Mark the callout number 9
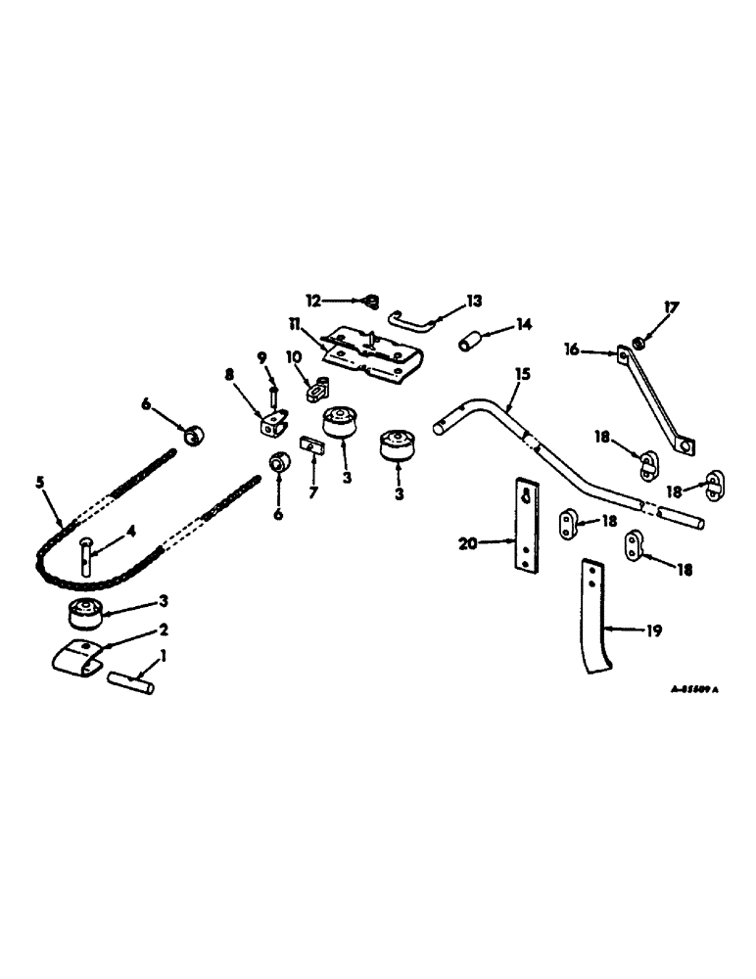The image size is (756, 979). (262, 356)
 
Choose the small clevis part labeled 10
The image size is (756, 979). (317, 392)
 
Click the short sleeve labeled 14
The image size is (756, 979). (472, 347)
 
